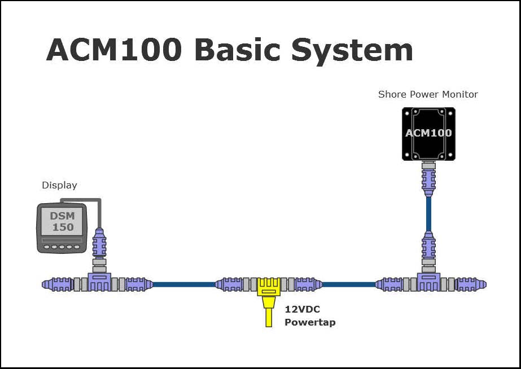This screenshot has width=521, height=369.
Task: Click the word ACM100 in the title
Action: click(x=114, y=50)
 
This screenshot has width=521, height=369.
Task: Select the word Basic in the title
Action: click(x=236, y=50)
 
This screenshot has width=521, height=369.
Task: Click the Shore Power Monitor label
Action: click(x=428, y=94)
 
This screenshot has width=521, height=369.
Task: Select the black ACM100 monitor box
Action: click(x=428, y=134)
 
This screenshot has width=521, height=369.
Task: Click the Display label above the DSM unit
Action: click(x=59, y=185)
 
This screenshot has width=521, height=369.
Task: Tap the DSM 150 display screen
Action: click(x=62, y=222)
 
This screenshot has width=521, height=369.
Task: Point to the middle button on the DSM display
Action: click(x=62, y=247)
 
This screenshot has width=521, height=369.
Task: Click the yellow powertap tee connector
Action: click(x=268, y=285)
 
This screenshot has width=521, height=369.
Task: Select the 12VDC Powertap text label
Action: click(x=310, y=316)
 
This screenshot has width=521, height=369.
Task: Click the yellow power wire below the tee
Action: click(x=268, y=316)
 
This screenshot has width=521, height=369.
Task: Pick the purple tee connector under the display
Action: click(x=99, y=283)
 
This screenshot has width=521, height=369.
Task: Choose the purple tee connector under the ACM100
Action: click(x=428, y=283)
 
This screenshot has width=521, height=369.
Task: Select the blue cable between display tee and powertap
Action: click(x=183, y=284)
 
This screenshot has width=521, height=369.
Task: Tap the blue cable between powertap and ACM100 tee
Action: click(x=348, y=284)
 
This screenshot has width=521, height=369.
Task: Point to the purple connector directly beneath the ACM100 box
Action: click(x=428, y=179)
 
